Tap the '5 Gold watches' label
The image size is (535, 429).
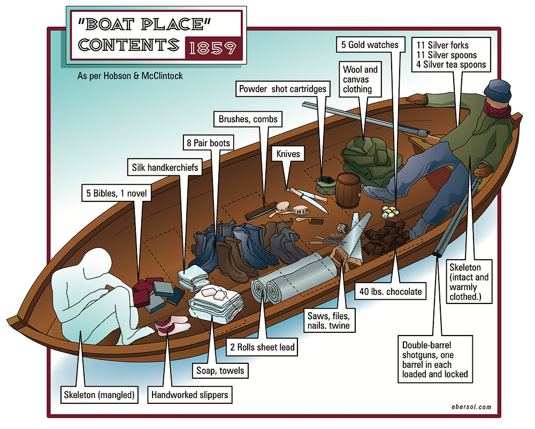click(x=370, y=45)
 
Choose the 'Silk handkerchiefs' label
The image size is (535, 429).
click(x=165, y=167)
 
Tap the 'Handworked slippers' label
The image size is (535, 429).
click(x=190, y=395)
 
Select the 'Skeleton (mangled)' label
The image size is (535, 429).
click(x=98, y=395)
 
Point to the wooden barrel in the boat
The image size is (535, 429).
click(x=348, y=190)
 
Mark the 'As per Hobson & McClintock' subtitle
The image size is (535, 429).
click(x=130, y=76)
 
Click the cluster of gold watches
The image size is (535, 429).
click(x=389, y=211)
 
